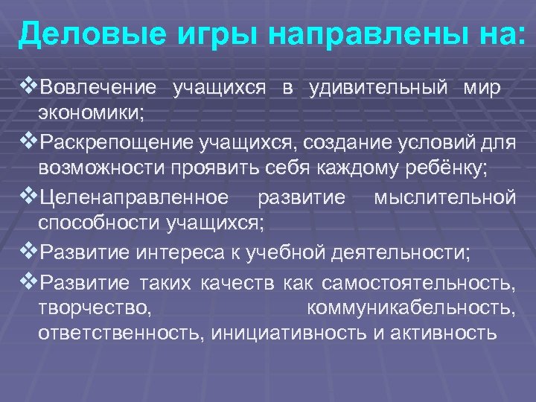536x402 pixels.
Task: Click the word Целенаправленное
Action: [134, 197]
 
